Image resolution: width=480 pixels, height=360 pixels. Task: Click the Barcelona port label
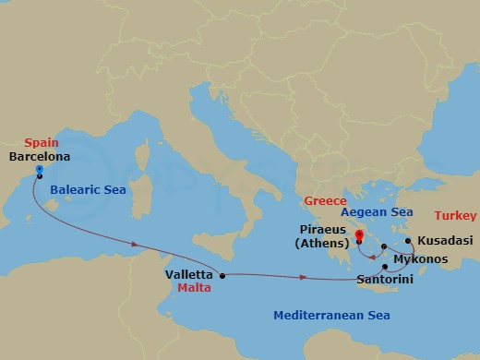38,156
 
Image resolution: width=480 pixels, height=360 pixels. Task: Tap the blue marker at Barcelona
39,171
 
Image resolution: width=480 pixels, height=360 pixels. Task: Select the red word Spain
42,143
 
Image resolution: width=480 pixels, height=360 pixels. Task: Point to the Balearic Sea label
87,189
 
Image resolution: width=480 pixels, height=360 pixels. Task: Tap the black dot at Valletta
222,275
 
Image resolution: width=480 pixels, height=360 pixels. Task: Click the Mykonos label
422,259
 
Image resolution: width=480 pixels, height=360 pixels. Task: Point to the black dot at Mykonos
384,246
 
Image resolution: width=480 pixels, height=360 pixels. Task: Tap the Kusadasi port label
440,239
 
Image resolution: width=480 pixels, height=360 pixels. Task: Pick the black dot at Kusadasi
407,240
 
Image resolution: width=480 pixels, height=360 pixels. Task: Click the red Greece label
328,200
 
